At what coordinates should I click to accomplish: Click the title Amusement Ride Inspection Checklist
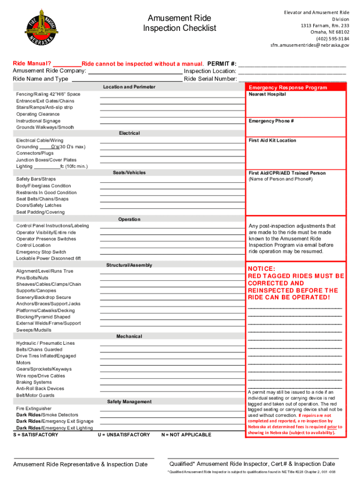[179, 23]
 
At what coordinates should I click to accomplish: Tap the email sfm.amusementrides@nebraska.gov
[310, 45]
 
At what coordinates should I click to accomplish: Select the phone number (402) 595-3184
[332, 39]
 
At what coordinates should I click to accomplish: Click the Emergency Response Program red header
[288, 87]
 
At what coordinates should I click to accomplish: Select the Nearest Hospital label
[267, 94]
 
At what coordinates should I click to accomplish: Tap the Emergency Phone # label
[271, 121]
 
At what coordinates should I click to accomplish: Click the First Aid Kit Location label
[272, 140]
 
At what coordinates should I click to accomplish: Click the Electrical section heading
[129, 133]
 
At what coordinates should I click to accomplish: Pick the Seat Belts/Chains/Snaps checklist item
[42, 199]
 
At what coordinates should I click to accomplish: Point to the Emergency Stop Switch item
[41, 252]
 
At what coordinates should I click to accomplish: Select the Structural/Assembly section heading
[129, 265]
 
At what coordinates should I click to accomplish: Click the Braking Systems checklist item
[34, 382]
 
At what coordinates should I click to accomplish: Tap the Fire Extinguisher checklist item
[34, 408]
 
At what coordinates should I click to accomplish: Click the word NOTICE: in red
[261, 269]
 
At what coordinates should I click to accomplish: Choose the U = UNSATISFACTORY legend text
[124, 435]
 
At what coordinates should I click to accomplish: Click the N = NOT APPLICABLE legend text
[186, 435]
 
